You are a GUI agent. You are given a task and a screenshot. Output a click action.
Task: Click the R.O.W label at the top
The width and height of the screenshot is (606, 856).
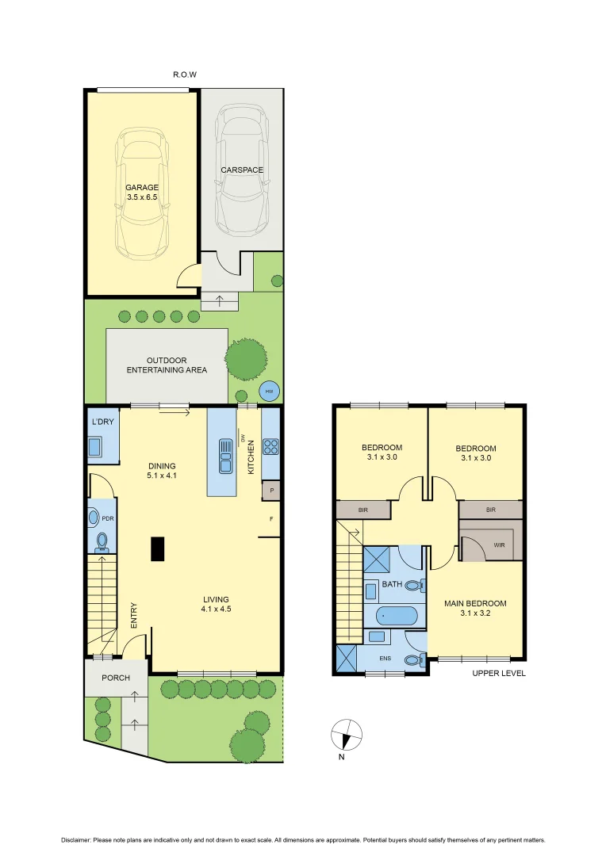(x=184, y=75)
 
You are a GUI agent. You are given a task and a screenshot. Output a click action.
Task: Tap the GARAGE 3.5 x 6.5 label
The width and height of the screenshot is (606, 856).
(x=142, y=193)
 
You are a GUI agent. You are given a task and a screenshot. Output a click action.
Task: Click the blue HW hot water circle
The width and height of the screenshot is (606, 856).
(x=270, y=392)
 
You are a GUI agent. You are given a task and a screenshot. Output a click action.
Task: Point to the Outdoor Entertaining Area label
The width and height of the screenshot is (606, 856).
(x=167, y=365)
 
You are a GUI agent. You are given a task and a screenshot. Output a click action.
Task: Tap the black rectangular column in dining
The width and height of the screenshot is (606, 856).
(x=158, y=548)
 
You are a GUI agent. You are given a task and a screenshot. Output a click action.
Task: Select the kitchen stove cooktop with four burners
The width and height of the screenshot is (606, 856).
(x=270, y=446)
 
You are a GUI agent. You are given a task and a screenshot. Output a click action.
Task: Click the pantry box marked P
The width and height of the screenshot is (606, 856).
(x=271, y=491)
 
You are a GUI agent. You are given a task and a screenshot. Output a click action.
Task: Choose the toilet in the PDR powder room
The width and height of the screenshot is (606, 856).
(x=102, y=541)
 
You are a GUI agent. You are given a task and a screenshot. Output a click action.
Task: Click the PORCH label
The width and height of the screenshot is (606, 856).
(x=116, y=678)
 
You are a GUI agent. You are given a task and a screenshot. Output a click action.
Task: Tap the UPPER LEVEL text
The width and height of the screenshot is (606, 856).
(x=499, y=673)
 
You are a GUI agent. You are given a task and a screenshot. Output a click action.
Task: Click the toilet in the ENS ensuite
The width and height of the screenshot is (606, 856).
(x=412, y=660)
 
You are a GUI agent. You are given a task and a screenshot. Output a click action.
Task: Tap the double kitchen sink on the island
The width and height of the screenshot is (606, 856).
(x=224, y=451)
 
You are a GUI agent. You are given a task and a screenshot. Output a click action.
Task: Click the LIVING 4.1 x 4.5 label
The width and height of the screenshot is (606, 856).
(x=215, y=604)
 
